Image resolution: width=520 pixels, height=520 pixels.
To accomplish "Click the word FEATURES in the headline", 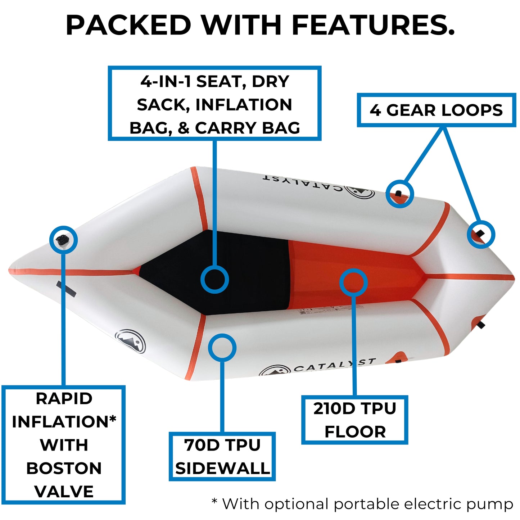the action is pyautogui.click(x=374, y=25).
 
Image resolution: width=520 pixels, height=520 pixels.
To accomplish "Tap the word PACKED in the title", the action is pyautogui.click(x=128, y=25).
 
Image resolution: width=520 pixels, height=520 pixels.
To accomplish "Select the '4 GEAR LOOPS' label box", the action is pyautogui.click(x=437, y=110).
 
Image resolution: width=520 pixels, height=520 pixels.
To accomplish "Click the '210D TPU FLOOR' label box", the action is pyautogui.click(x=354, y=420).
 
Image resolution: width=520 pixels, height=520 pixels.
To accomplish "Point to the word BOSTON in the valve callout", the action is pyautogui.click(x=64, y=468).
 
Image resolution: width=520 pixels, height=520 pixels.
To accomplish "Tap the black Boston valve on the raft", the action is pyautogui.click(x=63, y=239).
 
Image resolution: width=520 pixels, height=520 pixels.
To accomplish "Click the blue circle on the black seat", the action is pyautogui.click(x=215, y=279).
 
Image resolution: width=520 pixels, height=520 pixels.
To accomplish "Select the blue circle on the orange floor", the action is pyautogui.click(x=353, y=282).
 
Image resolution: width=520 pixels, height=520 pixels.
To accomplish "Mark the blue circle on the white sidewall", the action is pyautogui.click(x=222, y=348).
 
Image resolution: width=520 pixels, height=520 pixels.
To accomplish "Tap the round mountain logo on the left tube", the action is pyautogui.click(x=130, y=341).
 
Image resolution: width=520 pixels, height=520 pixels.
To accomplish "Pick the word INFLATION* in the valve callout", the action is pyautogui.click(x=64, y=422).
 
